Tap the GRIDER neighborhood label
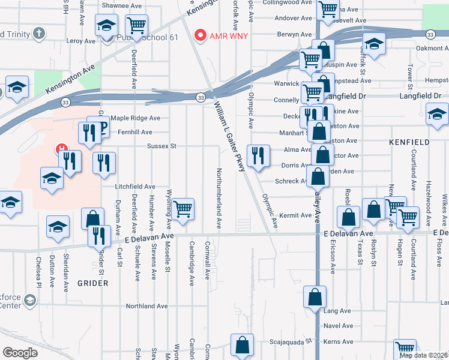(92, 283)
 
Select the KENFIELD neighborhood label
(411, 142)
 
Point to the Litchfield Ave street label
(136, 187)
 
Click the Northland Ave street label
(146, 306)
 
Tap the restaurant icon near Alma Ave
(258, 156)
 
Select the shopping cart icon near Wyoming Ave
(182, 208)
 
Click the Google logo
(20, 353)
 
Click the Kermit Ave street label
(295, 215)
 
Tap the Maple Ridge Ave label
(135, 118)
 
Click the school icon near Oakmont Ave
(374, 44)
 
